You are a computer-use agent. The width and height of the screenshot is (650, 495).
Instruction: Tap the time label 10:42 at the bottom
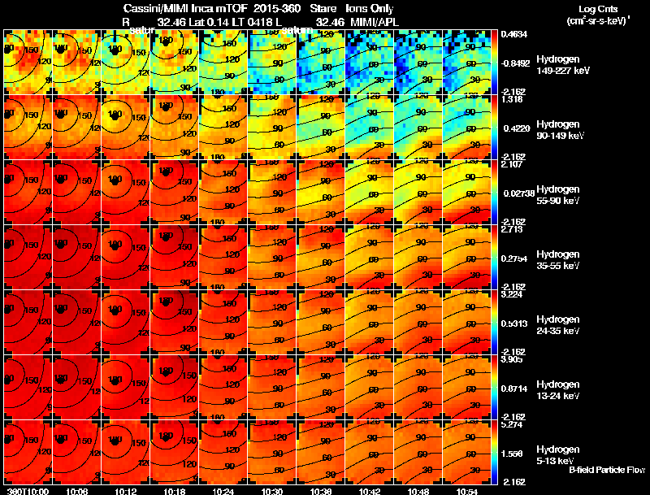pyautogui.click(x=370, y=490)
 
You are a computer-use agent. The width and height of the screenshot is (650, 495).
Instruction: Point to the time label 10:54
pyautogui.click(x=468, y=490)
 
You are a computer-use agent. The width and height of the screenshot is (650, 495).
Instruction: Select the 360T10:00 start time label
pyautogui.click(x=26, y=490)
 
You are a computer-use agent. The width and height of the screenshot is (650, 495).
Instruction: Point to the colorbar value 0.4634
pyautogui.click(x=515, y=35)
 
